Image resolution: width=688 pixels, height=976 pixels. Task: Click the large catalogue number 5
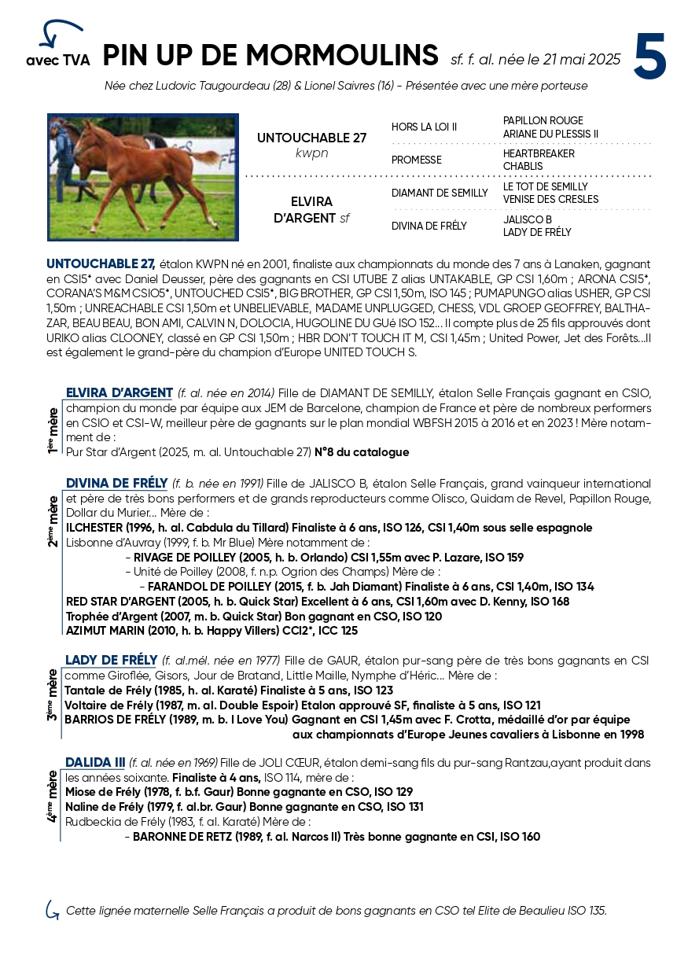(x=650, y=57)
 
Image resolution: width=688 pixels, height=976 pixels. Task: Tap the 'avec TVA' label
(x=57, y=61)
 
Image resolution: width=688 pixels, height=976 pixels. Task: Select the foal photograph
(x=142, y=177)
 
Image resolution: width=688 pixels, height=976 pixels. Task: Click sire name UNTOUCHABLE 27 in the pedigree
(x=311, y=138)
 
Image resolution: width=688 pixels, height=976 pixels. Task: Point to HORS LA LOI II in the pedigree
(x=424, y=127)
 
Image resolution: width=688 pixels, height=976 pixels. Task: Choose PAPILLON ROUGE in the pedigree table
(x=543, y=120)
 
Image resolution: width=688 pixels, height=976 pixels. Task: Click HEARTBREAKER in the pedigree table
(x=539, y=153)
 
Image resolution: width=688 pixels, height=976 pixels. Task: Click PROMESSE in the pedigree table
(x=416, y=160)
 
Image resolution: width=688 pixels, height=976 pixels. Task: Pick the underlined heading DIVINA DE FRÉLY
(x=116, y=483)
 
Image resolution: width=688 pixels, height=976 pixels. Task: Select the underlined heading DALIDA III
(x=95, y=762)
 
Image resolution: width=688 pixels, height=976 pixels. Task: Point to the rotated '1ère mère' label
(x=53, y=430)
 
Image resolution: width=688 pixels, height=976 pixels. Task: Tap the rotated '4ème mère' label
(x=53, y=797)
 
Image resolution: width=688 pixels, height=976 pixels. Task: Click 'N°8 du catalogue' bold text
(x=362, y=452)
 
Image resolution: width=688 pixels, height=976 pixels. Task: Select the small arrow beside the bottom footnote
(x=53, y=910)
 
